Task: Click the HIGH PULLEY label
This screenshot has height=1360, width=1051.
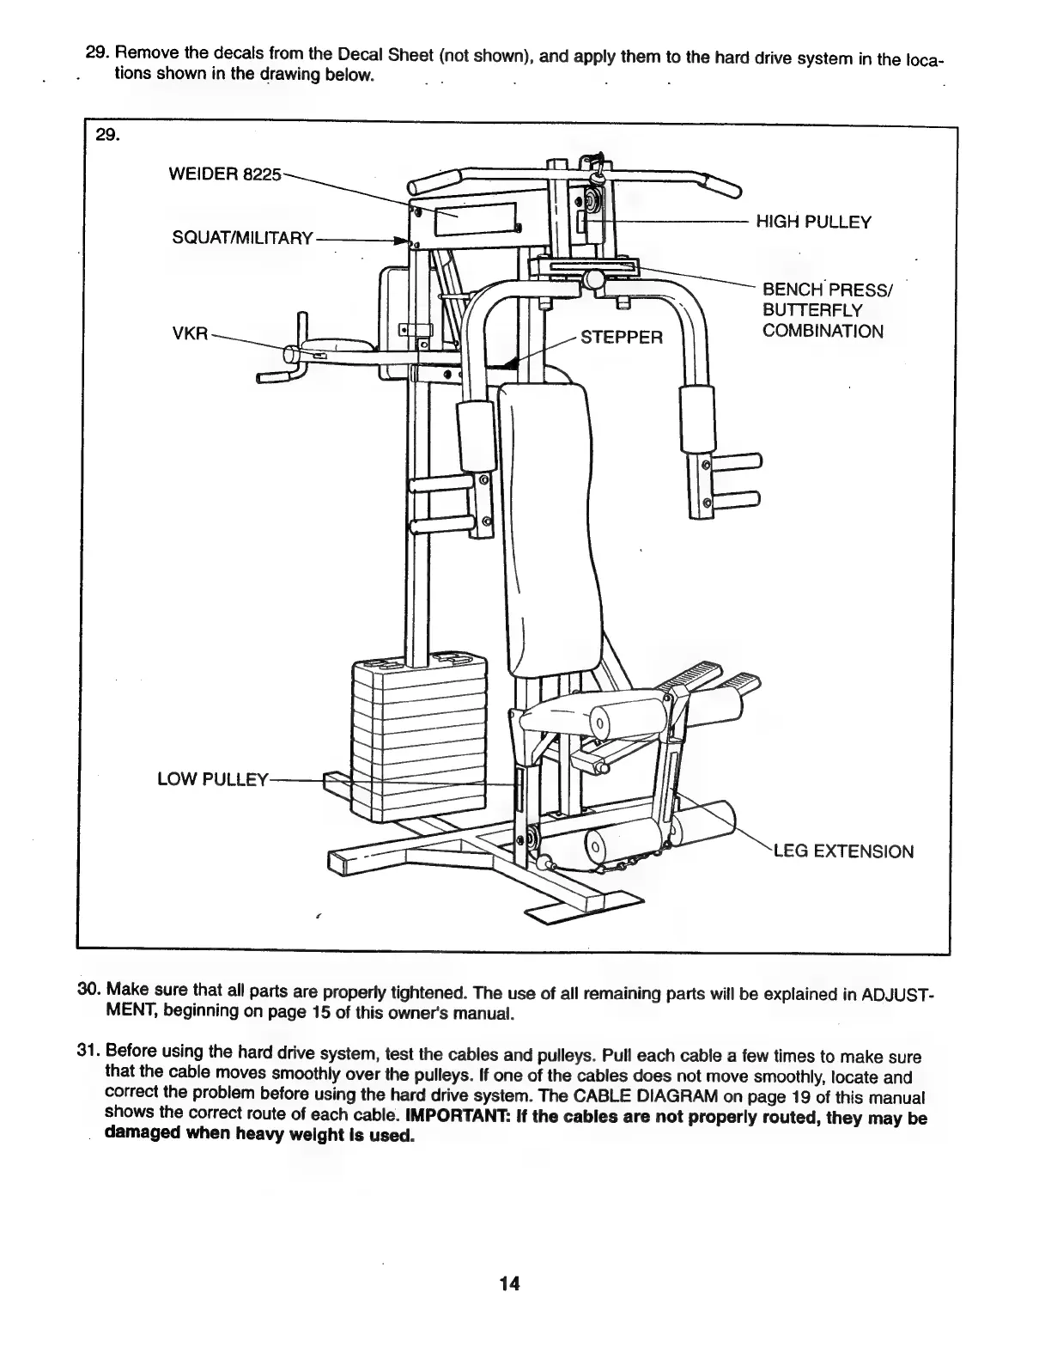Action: click(813, 223)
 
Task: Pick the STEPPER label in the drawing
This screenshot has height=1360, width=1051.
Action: click(623, 336)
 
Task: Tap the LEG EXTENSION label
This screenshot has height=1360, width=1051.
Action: click(844, 851)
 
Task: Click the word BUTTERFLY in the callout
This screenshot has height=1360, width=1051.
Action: click(811, 310)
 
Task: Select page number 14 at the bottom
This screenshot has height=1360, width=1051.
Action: click(508, 1284)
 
